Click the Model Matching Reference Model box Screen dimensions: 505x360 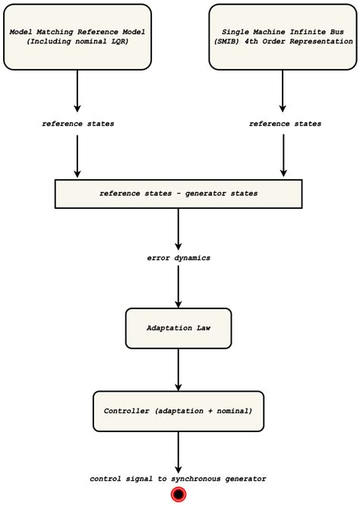tap(77, 36)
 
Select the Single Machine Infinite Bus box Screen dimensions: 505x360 tap(283, 36)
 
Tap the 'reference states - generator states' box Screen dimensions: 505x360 tap(178, 194)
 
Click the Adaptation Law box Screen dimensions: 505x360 tap(178, 328)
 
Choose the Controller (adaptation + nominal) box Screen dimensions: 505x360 tap(178, 410)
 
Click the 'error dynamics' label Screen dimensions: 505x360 tap(178, 257)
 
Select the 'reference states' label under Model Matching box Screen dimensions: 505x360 tap(77, 124)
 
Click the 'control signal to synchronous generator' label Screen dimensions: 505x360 tap(178, 478)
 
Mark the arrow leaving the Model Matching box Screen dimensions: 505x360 tap(77, 91)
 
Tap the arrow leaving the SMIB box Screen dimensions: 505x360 tap(283, 91)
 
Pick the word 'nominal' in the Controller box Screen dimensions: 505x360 tap(232, 410)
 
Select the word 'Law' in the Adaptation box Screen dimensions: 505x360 tap(201, 328)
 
